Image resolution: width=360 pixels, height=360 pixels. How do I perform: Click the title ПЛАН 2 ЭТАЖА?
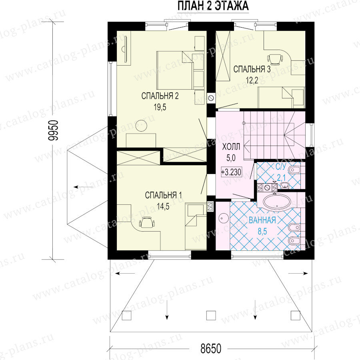(x=213, y=6)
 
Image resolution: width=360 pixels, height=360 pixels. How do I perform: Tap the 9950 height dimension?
(x=54, y=130)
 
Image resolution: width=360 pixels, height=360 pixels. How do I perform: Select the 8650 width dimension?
(x=211, y=348)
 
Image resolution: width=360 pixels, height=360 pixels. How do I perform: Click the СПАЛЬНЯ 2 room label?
(x=160, y=96)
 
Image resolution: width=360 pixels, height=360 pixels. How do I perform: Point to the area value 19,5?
(x=160, y=107)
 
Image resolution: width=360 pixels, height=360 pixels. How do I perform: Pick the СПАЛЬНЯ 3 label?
(x=252, y=69)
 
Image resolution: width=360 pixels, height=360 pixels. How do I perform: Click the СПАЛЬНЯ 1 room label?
(x=164, y=195)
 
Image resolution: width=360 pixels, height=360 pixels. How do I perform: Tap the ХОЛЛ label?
(x=231, y=146)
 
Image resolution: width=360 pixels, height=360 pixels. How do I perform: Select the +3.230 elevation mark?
(x=231, y=172)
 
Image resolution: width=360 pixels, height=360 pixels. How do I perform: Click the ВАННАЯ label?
(x=262, y=220)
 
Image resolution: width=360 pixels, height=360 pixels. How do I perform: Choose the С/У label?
(x=281, y=166)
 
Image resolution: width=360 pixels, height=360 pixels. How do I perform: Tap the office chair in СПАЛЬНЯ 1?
(x=147, y=222)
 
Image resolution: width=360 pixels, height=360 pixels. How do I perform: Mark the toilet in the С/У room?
(x=294, y=170)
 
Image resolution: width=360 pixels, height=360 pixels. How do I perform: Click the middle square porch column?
(x=211, y=316)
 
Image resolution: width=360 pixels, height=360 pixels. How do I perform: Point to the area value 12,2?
(x=252, y=80)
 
